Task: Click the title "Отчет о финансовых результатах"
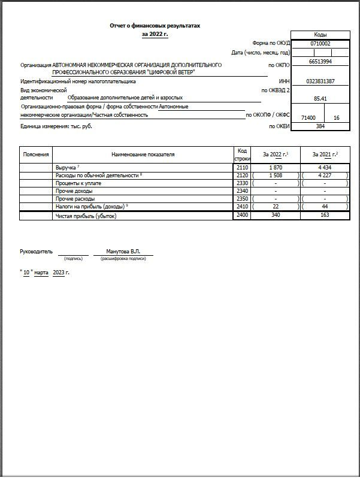[155, 26]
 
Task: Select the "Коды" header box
[320, 35]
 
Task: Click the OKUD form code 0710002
[320, 44]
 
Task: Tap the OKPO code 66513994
[320, 62]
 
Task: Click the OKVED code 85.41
[320, 98]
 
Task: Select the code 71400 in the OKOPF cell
[308, 118]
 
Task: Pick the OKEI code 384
[320, 126]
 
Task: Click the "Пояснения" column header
[36, 155]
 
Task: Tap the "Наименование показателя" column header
[143, 155]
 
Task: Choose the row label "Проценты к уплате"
[78, 183]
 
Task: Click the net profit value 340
[276, 214]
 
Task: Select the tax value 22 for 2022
[276, 206]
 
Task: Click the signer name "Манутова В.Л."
[122, 252]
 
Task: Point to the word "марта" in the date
[41, 273]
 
